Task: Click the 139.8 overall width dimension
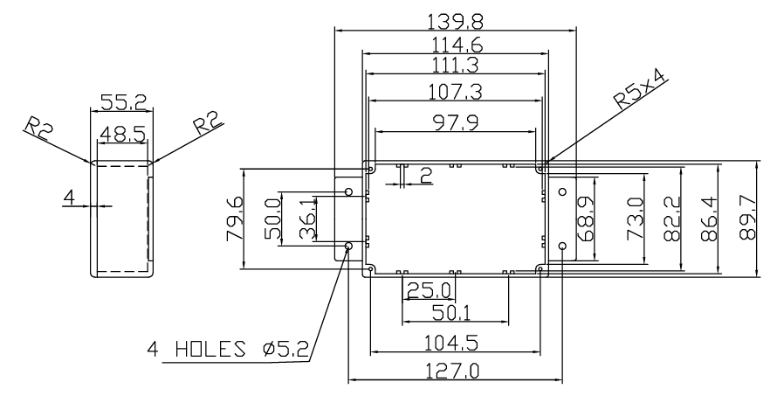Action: (455, 22)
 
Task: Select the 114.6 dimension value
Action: (457, 45)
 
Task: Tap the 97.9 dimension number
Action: (456, 123)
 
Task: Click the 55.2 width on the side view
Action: (123, 103)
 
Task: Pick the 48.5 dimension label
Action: (123, 134)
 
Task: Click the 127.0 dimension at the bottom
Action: (452, 371)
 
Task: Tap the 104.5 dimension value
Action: (451, 343)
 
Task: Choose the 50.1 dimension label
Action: (450, 312)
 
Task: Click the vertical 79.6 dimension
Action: (234, 219)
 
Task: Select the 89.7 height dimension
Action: (747, 217)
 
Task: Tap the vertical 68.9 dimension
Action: (586, 219)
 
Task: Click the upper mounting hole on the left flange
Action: (349, 191)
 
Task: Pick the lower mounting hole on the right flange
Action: (563, 246)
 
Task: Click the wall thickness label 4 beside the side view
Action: (70, 198)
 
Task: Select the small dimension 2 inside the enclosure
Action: (426, 175)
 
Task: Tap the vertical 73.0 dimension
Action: (636, 219)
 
